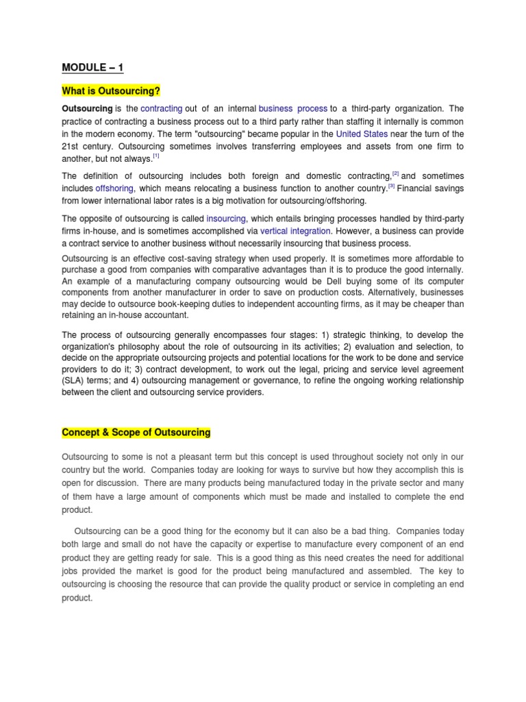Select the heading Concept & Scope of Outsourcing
point(136,433)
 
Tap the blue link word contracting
point(161,109)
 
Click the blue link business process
point(293,109)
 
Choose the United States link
point(362,134)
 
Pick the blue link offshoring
point(114,188)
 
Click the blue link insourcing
point(225,219)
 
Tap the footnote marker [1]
point(156,156)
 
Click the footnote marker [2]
point(395,174)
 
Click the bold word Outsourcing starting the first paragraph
point(87,109)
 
